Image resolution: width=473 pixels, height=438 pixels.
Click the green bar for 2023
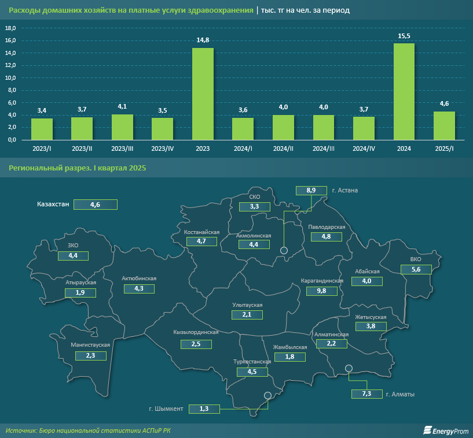click(203, 94)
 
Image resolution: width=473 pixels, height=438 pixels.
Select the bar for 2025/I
click(444, 125)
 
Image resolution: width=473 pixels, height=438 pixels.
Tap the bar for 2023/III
click(122, 127)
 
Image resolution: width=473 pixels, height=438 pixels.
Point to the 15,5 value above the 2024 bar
click(404, 36)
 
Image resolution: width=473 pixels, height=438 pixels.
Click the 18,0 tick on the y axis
click(10, 28)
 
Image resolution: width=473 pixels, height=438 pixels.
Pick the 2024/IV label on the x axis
click(364, 149)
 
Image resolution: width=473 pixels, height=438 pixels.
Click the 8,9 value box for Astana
click(311, 190)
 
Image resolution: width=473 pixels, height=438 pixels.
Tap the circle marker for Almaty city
click(349, 369)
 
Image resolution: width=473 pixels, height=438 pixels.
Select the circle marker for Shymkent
click(267, 396)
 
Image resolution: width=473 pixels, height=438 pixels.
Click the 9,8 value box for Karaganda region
click(321, 291)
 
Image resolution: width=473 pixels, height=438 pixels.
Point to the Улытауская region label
click(248, 305)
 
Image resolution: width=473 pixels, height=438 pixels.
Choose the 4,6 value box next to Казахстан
click(96, 204)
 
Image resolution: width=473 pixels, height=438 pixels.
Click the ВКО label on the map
click(415, 259)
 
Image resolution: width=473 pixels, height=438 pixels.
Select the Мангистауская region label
click(90, 345)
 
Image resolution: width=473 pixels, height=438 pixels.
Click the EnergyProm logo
click(444, 430)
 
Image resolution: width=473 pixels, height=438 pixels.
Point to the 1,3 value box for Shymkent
click(204, 409)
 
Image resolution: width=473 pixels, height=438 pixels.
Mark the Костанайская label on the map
click(201, 232)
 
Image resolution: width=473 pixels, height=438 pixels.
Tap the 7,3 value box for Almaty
click(366, 394)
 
